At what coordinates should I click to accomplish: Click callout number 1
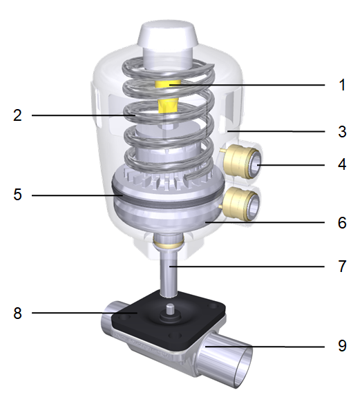point(340,85)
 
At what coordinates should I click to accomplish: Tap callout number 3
point(340,130)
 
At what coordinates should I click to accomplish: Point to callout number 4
point(340,166)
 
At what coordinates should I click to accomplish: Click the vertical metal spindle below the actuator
point(168,273)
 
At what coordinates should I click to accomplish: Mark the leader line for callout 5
point(76,195)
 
